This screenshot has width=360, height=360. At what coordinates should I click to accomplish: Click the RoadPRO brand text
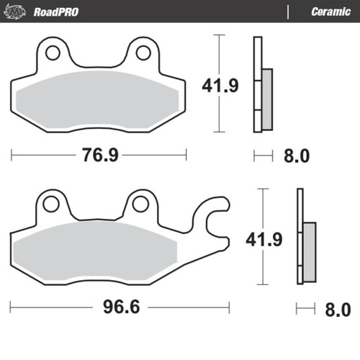pyautogui.click(x=56, y=12)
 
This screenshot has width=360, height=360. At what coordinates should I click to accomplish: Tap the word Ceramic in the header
pyautogui.click(x=330, y=12)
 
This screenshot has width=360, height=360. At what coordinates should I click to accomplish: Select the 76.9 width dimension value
pyautogui.click(x=99, y=156)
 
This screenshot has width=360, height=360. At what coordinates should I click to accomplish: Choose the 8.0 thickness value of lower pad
pyautogui.click(x=337, y=310)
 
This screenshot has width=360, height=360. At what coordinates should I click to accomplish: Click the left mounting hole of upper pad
pyautogui.click(x=51, y=52)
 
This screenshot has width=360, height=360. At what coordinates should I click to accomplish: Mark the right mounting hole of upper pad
pyautogui.click(x=141, y=52)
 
